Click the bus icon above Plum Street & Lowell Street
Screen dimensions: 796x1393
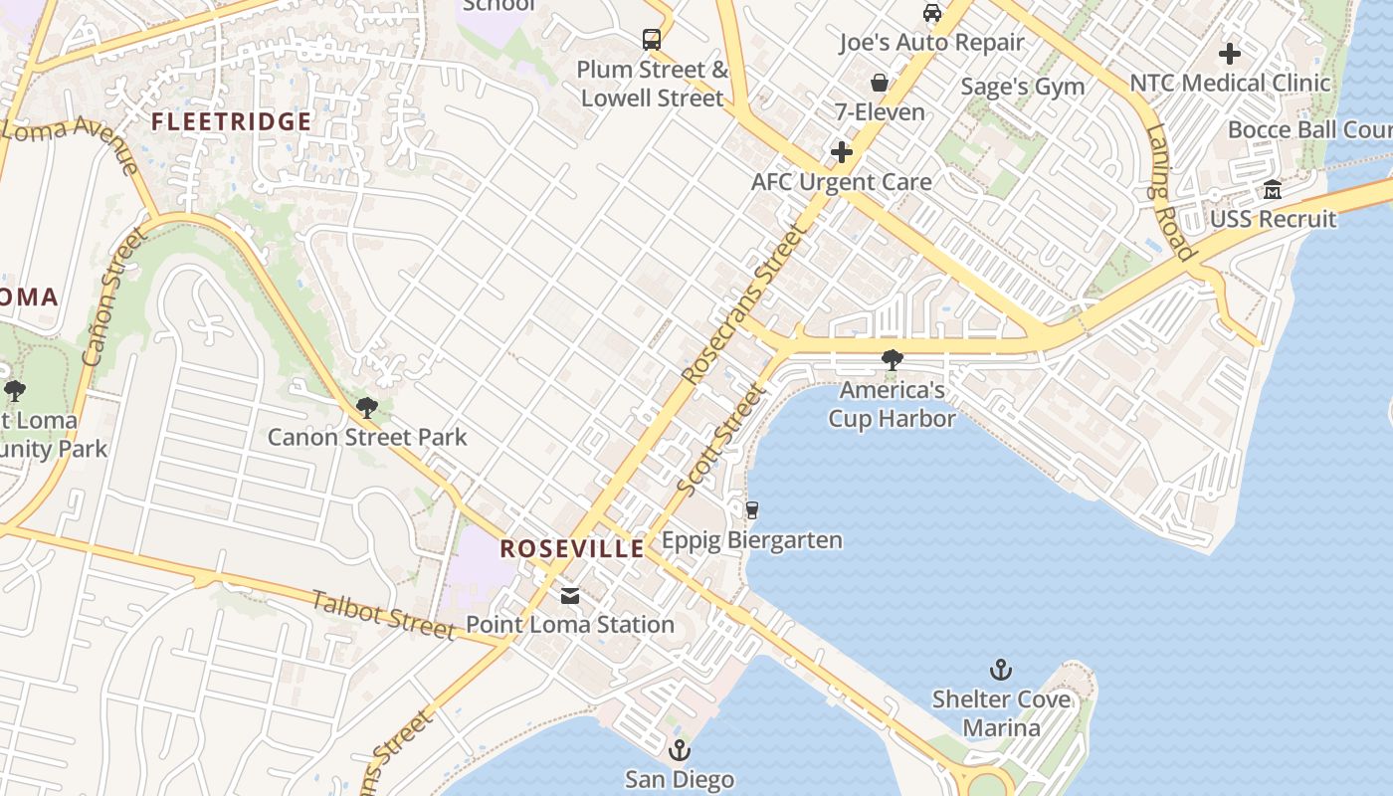pyautogui.click(x=652, y=40)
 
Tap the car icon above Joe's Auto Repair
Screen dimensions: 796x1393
pyautogui.click(x=932, y=13)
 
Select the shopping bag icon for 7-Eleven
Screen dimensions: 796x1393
pyautogui.click(x=880, y=82)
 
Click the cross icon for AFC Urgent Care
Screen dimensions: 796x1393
pyautogui.click(x=842, y=152)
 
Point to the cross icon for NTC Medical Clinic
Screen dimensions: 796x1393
pyautogui.click(x=1230, y=53)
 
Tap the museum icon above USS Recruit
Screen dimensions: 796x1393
pyautogui.click(x=1273, y=189)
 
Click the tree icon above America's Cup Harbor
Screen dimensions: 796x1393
pyautogui.click(x=893, y=360)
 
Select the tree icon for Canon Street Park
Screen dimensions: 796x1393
pyautogui.click(x=367, y=407)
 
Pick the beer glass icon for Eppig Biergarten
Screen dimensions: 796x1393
pyautogui.click(x=752, y=510)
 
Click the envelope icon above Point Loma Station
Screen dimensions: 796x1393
pyautogui.click(x=570, y=595)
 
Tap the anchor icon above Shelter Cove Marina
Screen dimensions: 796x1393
pyautogui.click(x=1001, y=670)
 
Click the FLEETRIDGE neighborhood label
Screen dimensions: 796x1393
pyautogui.click(x=232, y=122)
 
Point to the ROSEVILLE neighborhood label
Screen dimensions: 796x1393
pyautogui.click(x=572, y=549)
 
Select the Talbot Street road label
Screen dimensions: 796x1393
pyautogui.click(x=383, y=614)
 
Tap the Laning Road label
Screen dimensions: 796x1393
pyautogui.click(x=1168, y=192)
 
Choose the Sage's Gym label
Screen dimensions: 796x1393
pyautogui.click(x=1023, y=87)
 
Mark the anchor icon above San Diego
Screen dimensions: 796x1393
pyautogui.click(x=680, y=749)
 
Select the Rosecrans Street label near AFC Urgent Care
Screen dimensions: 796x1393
pyautogui.click(x=744, y=304)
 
